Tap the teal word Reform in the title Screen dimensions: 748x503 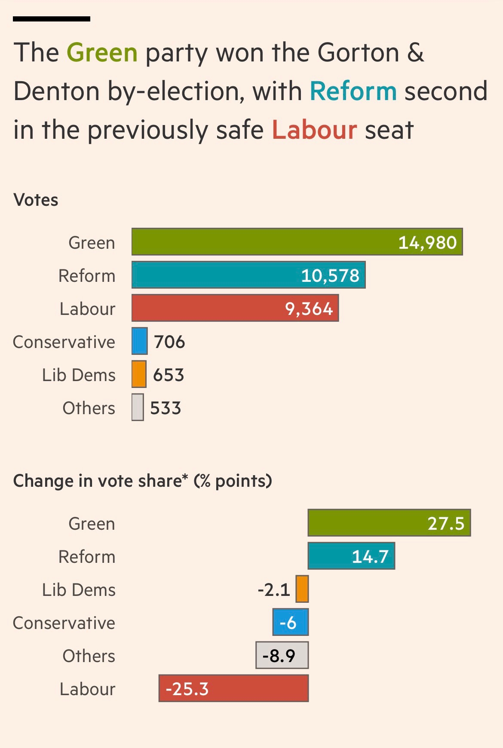click(x=353, y=91)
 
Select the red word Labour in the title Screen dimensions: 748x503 click(x=314, y=130)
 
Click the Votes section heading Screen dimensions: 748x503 click(x=36, y=200)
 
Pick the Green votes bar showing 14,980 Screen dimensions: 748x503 click(x=297, y=242)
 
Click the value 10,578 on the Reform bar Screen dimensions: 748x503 click(x=330, y=275)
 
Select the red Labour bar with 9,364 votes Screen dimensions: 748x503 click(x=235, y=308)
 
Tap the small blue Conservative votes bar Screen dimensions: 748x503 click(x=139, y=341)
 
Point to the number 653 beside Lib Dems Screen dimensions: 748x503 click(x=169, y=375)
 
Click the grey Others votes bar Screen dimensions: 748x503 click(x=138, y=407)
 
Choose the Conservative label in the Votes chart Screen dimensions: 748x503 click(x=64, y=342)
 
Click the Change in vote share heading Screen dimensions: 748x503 click(x=142, y=481)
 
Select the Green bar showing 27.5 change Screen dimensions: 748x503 click(x=389, y=523)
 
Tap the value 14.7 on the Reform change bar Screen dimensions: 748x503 click(x=370, y=557)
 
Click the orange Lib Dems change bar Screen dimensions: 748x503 click(x=302, y=589)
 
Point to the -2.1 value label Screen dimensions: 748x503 click(x=274, y=590)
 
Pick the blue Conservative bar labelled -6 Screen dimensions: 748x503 click(x=291, y=622)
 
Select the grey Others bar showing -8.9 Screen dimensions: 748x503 click(x=282, y=655)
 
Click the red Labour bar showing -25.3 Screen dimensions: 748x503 click(x=233, y=688)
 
